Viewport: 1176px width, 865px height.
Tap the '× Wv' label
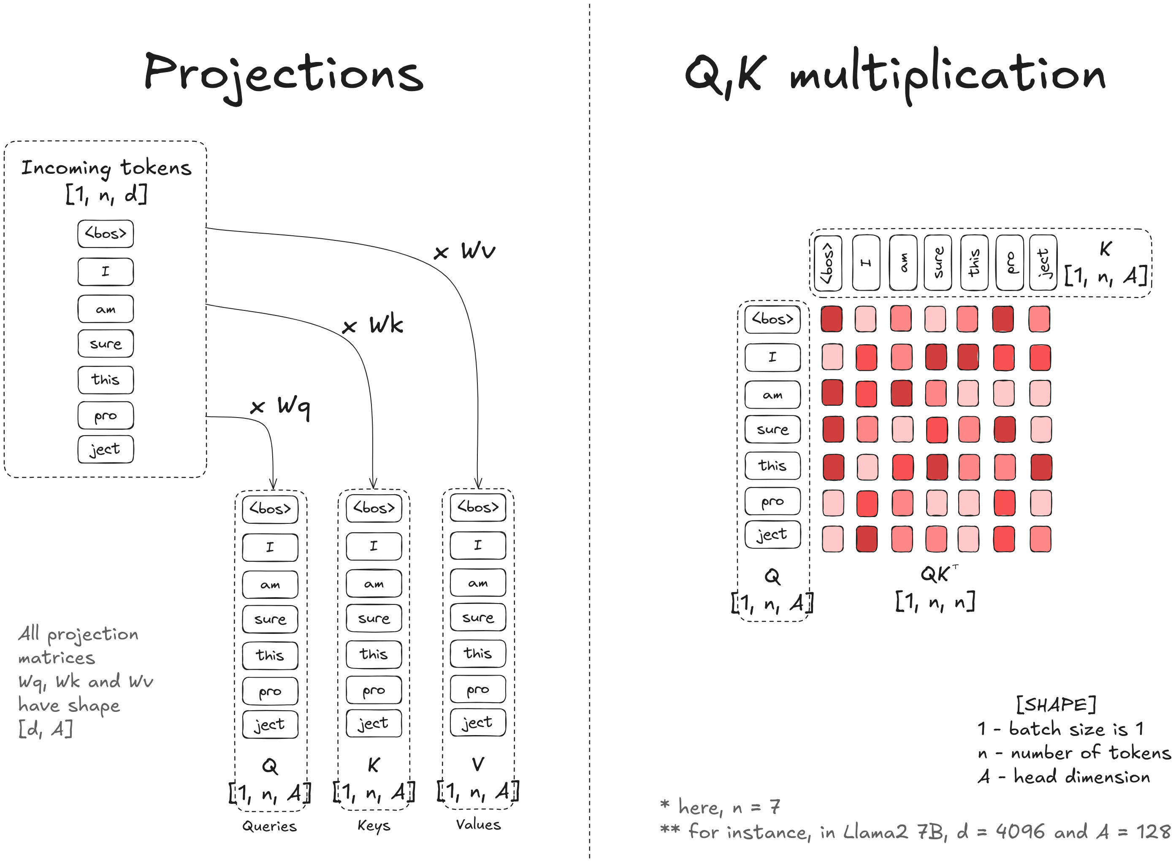[464, 251]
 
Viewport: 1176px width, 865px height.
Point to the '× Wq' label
[280, 406]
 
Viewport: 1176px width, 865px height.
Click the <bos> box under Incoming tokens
[106, 234]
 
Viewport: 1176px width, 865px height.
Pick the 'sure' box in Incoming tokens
[106, 343]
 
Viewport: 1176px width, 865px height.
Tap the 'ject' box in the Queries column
[270, 725]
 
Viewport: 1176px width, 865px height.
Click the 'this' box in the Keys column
[374, 654]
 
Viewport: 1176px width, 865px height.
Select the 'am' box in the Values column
[478, 583]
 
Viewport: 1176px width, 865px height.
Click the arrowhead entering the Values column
[478, 484]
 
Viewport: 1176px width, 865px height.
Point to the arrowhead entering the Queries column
[273, 485]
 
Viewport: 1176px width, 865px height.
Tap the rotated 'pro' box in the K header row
[1009, 262]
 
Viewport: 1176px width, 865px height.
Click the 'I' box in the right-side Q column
[772, 357]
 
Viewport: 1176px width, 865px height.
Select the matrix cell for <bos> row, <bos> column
[831, 319]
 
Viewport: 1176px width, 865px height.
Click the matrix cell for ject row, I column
[866, 539]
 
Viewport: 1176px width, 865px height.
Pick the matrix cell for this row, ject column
[1041, 467]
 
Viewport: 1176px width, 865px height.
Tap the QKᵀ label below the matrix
[938, 574]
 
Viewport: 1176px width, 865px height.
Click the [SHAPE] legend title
[1055, 704]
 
